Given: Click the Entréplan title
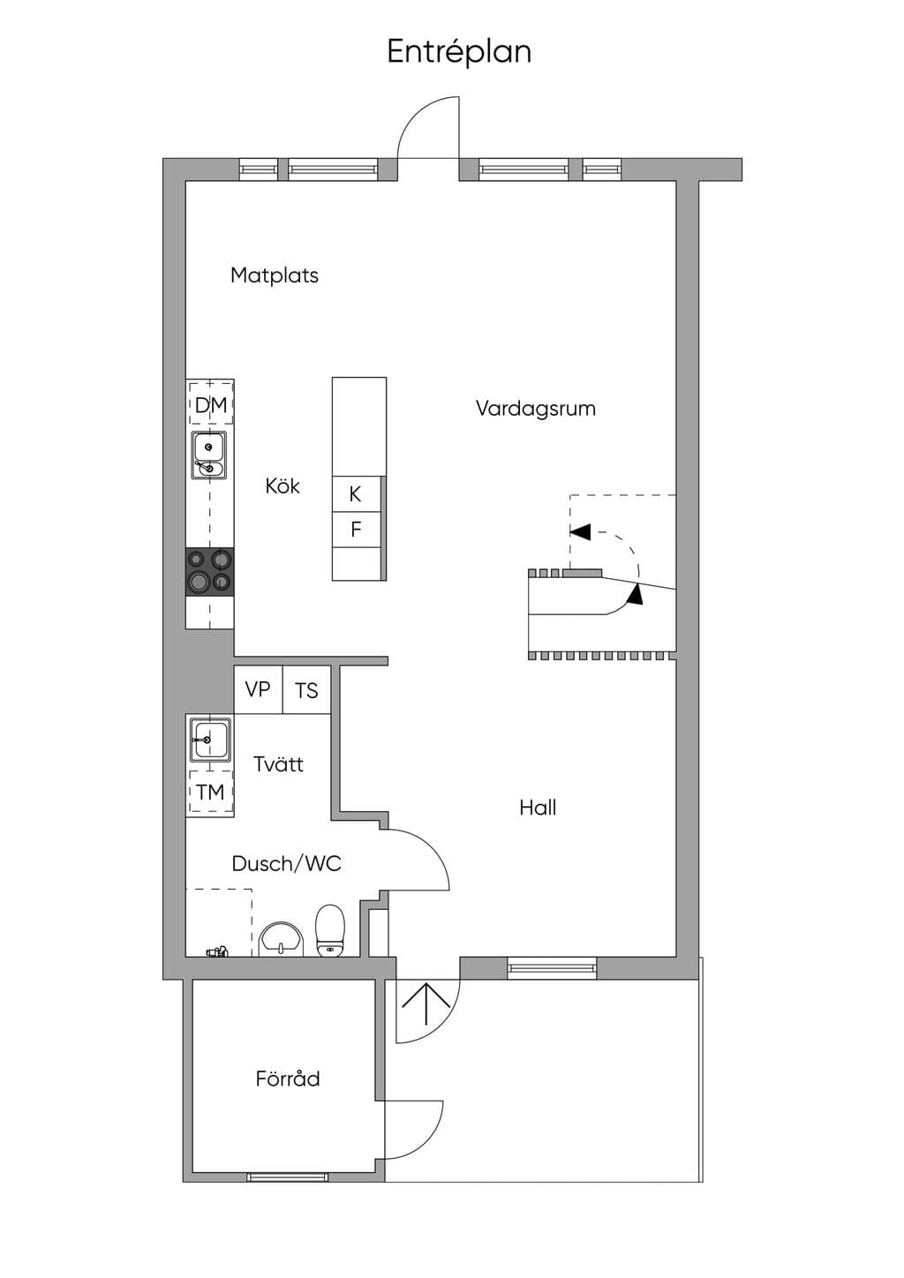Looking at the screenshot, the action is point(459,52).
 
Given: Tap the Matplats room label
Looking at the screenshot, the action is point(274,275).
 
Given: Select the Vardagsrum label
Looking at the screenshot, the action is point(535,409).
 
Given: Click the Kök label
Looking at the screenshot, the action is point(282,486).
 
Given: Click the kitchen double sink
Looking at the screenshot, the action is point(209,455).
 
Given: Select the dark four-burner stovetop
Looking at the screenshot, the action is point(209,572).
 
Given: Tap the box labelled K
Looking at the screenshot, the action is point(356,494).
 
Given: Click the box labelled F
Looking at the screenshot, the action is point(356,530).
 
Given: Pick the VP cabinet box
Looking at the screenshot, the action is point(258,690).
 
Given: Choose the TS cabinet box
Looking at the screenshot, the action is point(306,690).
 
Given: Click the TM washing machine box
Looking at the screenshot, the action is point(211,792).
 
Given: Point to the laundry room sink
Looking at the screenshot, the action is point(211,740).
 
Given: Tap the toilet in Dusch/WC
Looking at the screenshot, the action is point(330,930).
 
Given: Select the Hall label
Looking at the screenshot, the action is point(538,808).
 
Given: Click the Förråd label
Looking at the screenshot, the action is point(288,1079).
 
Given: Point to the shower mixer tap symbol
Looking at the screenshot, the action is point(217,951).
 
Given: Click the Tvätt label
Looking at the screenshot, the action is point(278,764).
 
